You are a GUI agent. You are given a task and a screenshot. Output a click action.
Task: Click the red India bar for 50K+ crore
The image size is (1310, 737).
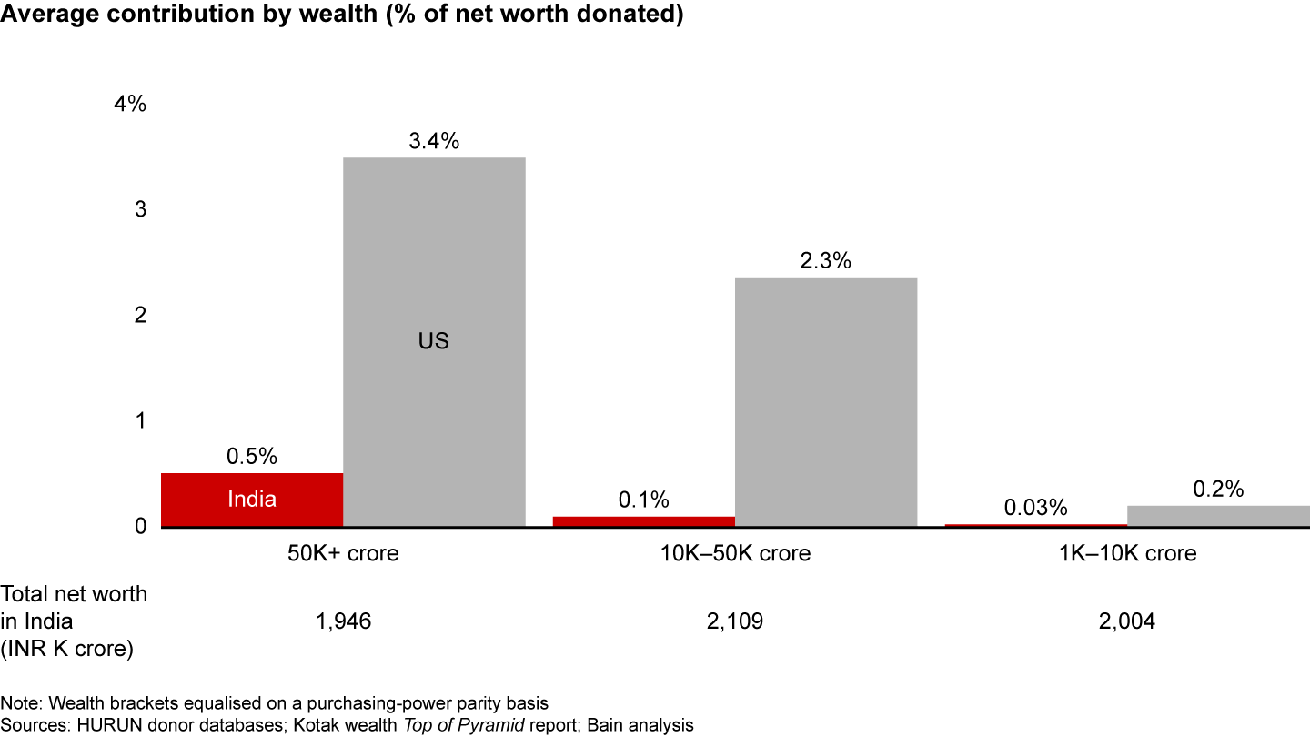pyautogui.click(x=252, y=499)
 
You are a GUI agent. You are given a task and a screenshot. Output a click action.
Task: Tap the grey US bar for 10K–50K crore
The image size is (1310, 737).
pyautogui.click(x=826, y=401)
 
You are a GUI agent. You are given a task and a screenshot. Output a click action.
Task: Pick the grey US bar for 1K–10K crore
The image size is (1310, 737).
pyautogui.click(x=1218, y=516)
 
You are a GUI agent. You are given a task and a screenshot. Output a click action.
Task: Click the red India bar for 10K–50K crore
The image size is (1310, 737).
pyautogui.click(x=644, y=521)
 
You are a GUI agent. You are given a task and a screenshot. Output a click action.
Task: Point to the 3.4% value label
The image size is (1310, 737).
pyautogui.click(x=434, y=141)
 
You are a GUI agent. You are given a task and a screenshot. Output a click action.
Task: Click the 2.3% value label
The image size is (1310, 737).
pyautogui.click(x=826, y=261)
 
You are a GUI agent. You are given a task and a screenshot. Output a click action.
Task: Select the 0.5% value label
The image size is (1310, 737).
pyautogui.click(x=252, y=457)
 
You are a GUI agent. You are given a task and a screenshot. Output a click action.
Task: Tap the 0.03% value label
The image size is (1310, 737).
pyautogui.click(x=1036, y=508)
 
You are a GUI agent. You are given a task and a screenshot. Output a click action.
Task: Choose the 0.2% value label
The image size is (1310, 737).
pyautogui.click(x=1218, y=489)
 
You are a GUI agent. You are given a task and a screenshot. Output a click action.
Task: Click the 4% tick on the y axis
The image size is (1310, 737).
pyautogui.click(x=129, y=104)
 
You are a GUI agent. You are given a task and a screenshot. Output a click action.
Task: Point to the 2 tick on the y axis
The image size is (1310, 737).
pyautogui.click(x=140, y=315)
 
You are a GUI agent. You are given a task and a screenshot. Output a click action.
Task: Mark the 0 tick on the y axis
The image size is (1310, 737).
pyautogui.click(x=140, y=526)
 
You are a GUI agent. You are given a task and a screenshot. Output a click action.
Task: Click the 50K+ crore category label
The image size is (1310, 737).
pyautogui.click(x=343, y=553)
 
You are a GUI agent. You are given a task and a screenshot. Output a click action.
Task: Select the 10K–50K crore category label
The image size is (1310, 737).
pyautogui.click(x=735, y=553)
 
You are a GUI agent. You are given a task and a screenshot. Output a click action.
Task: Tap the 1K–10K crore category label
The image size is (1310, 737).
pyautogui.click(x=1127, y=553)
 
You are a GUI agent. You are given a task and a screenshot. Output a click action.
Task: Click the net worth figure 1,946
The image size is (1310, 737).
pyautogui.click(x=343, y=621)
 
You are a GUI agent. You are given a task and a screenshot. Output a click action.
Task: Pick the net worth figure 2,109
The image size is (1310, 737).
pyautogui.click(x=735, y=621)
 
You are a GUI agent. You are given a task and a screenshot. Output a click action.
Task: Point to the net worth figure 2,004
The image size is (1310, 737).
pyautogui.click(x=1127, y=621)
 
